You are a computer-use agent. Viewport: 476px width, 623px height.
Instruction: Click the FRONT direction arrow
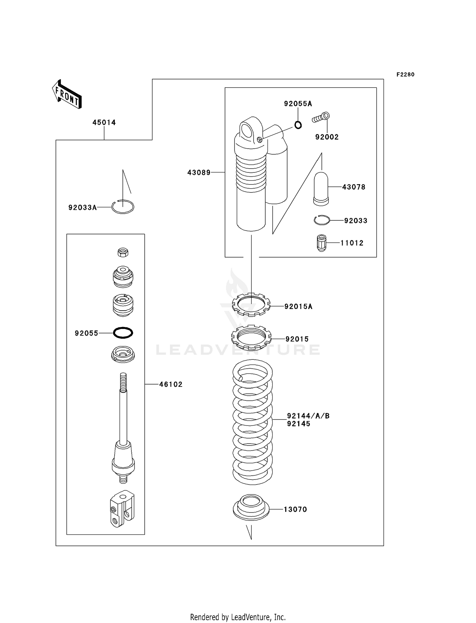[67, 95]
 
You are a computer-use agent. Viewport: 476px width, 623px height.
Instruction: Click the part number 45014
[104, 123]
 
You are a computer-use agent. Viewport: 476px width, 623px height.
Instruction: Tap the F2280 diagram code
[405, 75]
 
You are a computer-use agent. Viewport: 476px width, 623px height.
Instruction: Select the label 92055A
[298, 104]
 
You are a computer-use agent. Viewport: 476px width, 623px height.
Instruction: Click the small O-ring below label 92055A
[298, 125]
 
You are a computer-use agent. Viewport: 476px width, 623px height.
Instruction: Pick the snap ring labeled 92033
[322, 220]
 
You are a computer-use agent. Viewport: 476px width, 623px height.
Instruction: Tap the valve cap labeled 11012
[321, 243]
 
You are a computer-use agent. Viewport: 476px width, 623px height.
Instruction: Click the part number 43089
[199, 173]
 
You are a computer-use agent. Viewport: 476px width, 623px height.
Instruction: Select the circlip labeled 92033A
[123, 207]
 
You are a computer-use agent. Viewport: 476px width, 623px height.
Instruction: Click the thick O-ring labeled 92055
[123, 333]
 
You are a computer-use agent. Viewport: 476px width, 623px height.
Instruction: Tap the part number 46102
[171, 385]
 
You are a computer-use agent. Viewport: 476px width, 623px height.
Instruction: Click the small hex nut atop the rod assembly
[123, 252]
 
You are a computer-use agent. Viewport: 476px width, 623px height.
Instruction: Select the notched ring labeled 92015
[251, 338]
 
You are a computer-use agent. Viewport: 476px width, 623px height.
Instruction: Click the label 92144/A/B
[308, 416]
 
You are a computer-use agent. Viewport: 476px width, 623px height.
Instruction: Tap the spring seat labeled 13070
[251, 507]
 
